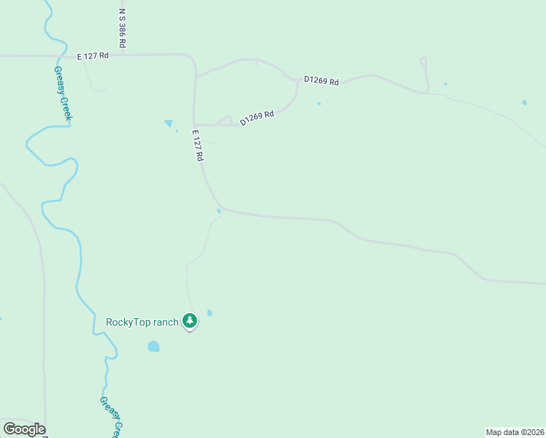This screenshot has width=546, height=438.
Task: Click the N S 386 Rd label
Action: (x=123, y=29)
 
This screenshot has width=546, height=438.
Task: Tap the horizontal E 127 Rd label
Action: (x=94, y=55)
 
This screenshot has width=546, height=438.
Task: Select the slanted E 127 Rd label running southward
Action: (x=197, y=145)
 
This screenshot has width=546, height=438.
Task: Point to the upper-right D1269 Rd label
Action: (x=322, y=81)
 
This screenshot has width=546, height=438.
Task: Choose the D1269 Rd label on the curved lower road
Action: (x=257, y=117)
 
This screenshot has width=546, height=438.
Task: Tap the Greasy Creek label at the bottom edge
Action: (x=112, y=417)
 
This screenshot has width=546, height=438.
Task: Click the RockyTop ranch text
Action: (x=142, y=322)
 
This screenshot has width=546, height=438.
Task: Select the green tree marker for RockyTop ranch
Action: (x=190, y=320)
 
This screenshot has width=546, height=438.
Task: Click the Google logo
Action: (x=24, y=429)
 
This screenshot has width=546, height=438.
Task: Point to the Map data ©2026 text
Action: (x=515, y=431)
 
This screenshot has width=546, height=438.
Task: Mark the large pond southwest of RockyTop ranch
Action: (x=153, y=346)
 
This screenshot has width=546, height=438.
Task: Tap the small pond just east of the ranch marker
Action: (x=209, y=313)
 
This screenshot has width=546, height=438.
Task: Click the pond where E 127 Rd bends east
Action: (x=219, y=212)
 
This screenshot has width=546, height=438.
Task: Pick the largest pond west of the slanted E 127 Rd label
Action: (x=169, y=123)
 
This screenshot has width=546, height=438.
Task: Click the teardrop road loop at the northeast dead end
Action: (x=423, y=63)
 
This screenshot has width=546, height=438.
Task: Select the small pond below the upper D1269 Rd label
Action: (x=319, y=104)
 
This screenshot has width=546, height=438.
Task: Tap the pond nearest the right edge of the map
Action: (x=524, y=102)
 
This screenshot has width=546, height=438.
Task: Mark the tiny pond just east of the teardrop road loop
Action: (x=445, y=84)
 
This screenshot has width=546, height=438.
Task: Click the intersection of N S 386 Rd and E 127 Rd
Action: (x=123, y=55)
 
